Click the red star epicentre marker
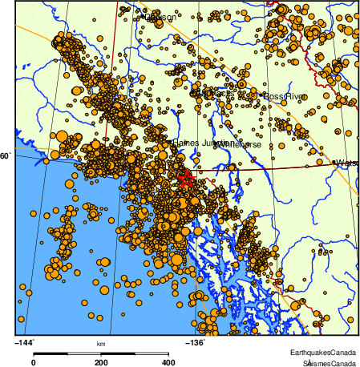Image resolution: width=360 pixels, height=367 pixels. pyautogui.click(x=186, y=179)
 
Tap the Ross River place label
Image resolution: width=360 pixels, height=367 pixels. pyautogui.click(x=285, y=96)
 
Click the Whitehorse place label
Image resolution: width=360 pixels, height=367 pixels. pyautogui.click(x=239, y=144)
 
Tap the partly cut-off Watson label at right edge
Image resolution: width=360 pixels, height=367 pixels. pyautogui.click(x=347, y=163)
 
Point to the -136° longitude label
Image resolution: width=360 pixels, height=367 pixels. pyautogui.click(x=196, y=343)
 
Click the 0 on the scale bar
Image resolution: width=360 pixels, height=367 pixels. pyautogui.click(x=33, y=362)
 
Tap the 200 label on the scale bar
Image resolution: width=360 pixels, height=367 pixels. pyautogui.click(x=101, y=362)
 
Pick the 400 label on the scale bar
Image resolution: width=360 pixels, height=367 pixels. pyautogui.click(x=168, y=362)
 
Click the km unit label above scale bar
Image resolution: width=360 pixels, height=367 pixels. pyautogui.click(x=101, y=345)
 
